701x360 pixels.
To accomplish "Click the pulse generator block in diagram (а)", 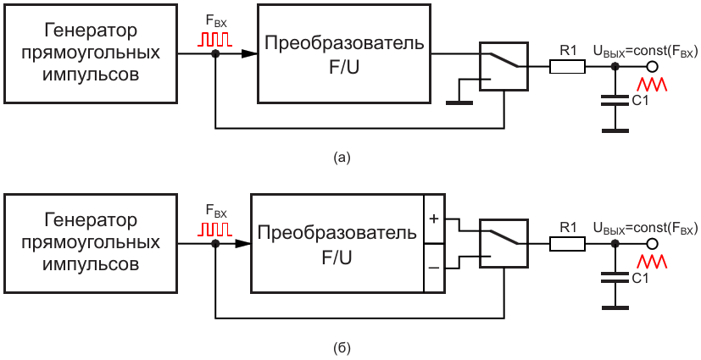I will (x=89, y=53).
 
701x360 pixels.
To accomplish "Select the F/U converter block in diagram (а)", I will (x=344, y=53).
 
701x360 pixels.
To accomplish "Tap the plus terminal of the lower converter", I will (x=433, y=219).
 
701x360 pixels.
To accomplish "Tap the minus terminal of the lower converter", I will (x=433, y=267).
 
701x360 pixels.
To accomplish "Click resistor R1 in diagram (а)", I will (x=567, y=66).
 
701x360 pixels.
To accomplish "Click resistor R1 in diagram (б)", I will (x=567, y=244).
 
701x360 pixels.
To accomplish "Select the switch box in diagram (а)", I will (x=503, y=66).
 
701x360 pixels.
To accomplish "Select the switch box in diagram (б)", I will (x=503, y=243).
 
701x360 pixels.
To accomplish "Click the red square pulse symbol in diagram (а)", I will (x=215, y=39).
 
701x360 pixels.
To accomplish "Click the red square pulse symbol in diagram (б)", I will (x=215, y=229).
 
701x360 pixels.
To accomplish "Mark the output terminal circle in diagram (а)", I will (x=654, y=66).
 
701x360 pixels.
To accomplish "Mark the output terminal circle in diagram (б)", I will (x=654, y=244).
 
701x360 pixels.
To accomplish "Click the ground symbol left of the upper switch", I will (x=459, y=98).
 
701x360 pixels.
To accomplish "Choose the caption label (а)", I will (x=342, y=157).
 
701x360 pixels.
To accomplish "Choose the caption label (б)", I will (x=342, y=347).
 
